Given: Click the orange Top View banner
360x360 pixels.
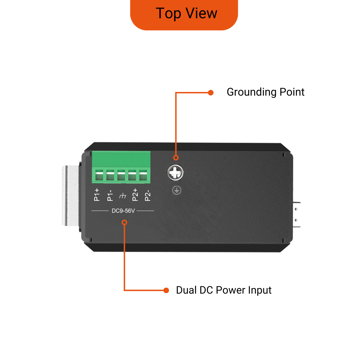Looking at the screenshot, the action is [x=184, y=15].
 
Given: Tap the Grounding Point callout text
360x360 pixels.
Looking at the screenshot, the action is [x=265, y=92].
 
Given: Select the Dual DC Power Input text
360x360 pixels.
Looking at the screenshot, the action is [x=224, y=290].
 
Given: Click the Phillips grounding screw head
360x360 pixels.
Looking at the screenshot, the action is [x=175, y=173].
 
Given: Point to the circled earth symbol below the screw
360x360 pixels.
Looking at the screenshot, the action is [x=177, y=190].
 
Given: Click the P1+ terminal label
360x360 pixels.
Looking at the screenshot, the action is [x=97, y=195].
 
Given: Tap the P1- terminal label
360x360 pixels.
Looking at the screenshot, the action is [x=110, y=195].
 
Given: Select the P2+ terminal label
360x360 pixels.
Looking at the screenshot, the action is [x=135, y=195].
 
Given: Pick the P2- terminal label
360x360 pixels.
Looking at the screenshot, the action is [x=148, y=195].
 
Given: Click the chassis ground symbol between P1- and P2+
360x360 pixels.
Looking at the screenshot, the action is [x=123, y=196].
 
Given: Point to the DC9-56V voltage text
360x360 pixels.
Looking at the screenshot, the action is [x=123, y=211].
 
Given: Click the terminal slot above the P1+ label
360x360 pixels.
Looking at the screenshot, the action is [x=99, y=175].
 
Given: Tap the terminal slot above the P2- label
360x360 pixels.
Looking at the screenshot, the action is [x=143, y=175].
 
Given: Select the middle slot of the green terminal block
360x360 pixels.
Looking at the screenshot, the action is [x=121, y=175].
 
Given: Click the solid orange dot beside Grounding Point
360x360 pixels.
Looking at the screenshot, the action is [x=211, y=93].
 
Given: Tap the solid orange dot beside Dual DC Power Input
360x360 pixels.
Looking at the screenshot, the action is [x=166, y=290].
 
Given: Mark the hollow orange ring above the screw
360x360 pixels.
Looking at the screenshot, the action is [x=176, y=158].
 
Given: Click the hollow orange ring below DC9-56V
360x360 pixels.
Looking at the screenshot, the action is [x=124, y=222].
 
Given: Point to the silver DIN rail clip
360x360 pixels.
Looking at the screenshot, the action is [x=71, y=195].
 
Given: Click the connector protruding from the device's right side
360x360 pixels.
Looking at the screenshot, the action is [x=296, y=215].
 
